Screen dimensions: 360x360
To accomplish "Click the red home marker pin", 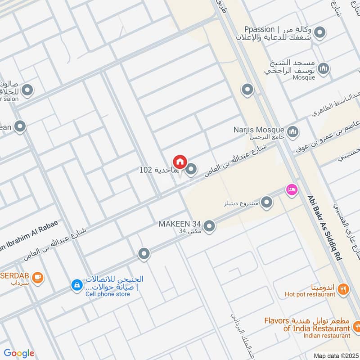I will [x=180, y=162].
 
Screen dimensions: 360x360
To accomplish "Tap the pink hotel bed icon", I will [x=291, y=189].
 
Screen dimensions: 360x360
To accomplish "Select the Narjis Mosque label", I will [x=259, y=130].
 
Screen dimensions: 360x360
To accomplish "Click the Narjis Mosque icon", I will [x=293, y=132].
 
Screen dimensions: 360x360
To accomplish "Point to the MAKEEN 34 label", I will [x=179, y=224].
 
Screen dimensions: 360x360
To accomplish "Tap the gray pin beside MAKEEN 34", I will [x=209, y=226].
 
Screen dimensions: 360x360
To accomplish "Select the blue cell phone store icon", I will [x=77, y=284].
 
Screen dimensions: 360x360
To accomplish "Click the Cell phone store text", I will [x=108, y=294].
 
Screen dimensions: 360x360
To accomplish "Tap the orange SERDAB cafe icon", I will [x=38, y=277].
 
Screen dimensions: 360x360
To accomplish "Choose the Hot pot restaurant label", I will [x=310, y=294].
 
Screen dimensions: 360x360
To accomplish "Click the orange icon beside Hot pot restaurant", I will [x=343, y=289].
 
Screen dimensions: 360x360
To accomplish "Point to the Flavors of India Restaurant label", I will [x=307, y=324].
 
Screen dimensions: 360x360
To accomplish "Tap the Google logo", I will [x=18, y=353].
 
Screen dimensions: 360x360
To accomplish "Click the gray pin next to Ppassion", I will [x=320, y=32].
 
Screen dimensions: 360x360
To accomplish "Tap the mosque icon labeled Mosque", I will [x=323, y=69].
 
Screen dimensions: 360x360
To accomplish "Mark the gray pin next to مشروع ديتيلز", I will [x=267, y=203].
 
